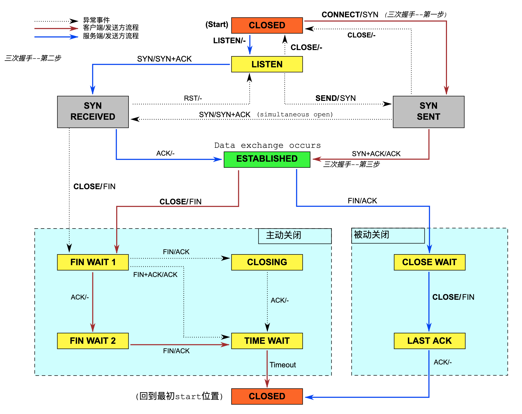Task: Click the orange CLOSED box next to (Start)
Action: [267, 25]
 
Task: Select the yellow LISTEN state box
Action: [267, 64]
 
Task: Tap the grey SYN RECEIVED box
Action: [93, 112]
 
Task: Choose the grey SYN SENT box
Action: [428, 112]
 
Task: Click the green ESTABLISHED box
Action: [267, 159]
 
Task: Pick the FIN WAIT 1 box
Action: [93, 262]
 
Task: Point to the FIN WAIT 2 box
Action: [93, 341]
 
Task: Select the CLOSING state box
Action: [267, 262]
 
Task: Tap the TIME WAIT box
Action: [267, 341]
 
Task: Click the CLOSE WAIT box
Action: [429, 262]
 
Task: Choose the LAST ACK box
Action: [429, 341]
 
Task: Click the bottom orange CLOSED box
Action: [267, 396]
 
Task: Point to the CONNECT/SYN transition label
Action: [350, 15]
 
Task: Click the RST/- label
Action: [193, 98]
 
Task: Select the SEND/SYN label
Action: [335, 98]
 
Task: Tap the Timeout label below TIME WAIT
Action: [283, 365]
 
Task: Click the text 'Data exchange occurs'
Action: [267, 145]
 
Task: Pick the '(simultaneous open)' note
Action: [295, 115]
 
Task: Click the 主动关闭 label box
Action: [295, 236]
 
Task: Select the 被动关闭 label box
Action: [388, 235]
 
